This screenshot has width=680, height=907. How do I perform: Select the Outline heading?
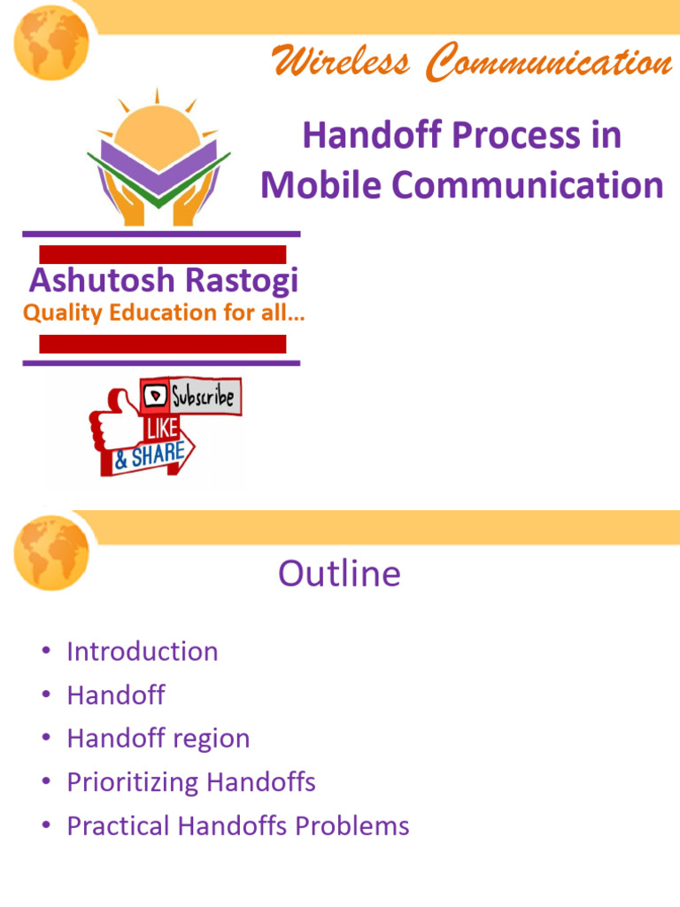click(x=339, y=574)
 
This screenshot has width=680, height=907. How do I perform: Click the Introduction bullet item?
click(x=142, y=652)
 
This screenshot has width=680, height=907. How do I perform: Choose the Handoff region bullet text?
click(x=158, y=739)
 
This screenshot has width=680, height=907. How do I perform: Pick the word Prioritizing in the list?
click(x=133, y=782)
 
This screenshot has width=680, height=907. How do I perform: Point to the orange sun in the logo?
click(x=158, y=133)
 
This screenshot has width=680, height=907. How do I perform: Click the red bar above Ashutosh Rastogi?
click(x=163, y=254)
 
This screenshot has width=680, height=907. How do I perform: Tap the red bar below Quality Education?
click(x=163, y=344)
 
